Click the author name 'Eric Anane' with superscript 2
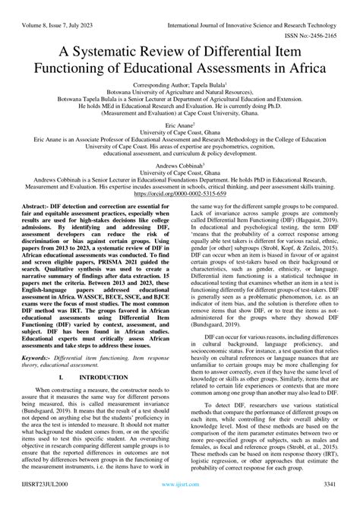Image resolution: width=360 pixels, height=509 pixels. coord(178,128)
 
